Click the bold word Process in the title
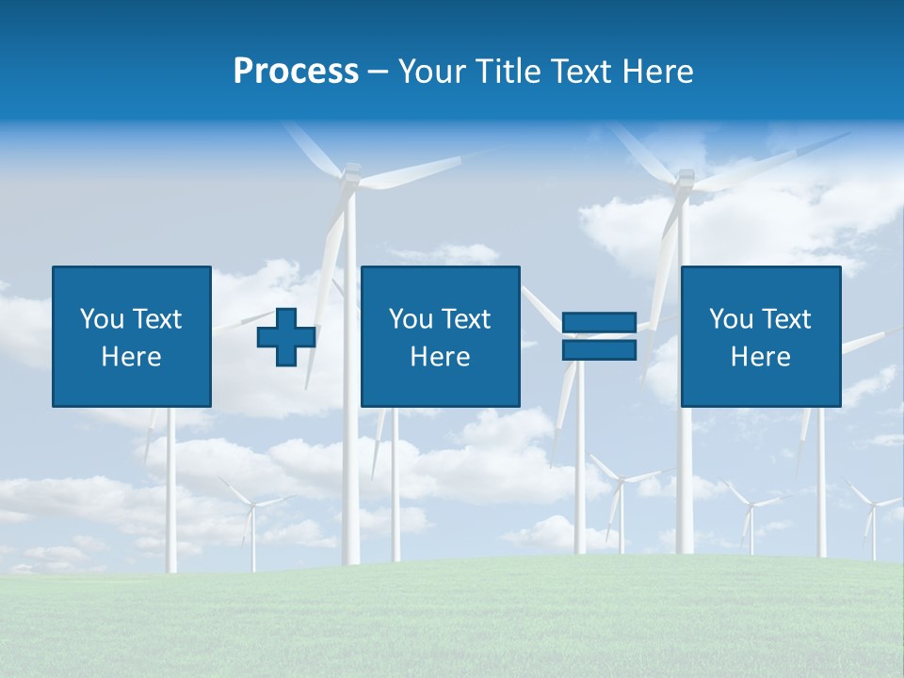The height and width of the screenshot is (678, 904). (x=296, y=72)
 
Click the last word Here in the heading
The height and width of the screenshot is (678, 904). (x=659, y=72)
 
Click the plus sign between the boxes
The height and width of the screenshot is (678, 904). (x=286, y=337)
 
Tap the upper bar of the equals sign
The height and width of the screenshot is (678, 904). (x=599, y=322)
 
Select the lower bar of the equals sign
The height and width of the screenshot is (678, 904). (x=599, y=349)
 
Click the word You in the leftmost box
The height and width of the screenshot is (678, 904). (x=102, y=319)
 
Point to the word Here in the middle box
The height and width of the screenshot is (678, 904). (x=440, y=357)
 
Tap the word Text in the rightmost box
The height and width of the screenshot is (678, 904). (x=787, y=319)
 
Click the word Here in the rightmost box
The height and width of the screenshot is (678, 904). (x=760, y=357)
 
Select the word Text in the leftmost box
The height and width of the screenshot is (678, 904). (x=157, y=319)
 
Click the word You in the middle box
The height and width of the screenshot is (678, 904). (x=411, y=319)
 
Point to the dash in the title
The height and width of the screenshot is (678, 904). (x=379, y=73)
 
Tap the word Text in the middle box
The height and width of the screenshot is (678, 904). (x=467, y=319)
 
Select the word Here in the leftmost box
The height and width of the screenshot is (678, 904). (x=131, y=357)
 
